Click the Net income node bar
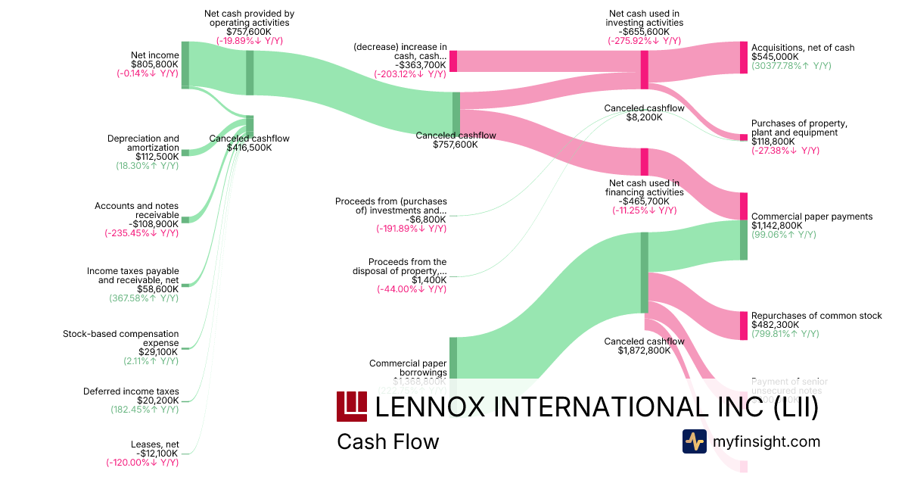(x=185, y=65)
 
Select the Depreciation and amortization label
(x=144, y=143)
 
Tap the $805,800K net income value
(x=155, y=64)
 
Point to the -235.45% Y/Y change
(x=142, y=233)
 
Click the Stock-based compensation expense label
(x=132, y=338)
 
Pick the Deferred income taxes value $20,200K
(x=158, y=401)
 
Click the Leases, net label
(x=154, y=444)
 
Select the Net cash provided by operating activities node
(x=250, y=73)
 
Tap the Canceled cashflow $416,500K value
(x=249, y=148)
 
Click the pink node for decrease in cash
(x=453, y=61)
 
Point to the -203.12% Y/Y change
(x=410, y=74)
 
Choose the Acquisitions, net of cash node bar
(x=743, y=58)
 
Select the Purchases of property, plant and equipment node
(x=743, y=137)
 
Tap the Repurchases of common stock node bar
(x=743, y=325)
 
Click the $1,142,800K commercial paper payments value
(x=776, y=226)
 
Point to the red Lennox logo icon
(x=351, y=407)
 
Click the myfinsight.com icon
(x=694, y=441)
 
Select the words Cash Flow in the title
(x=387, y=441)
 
